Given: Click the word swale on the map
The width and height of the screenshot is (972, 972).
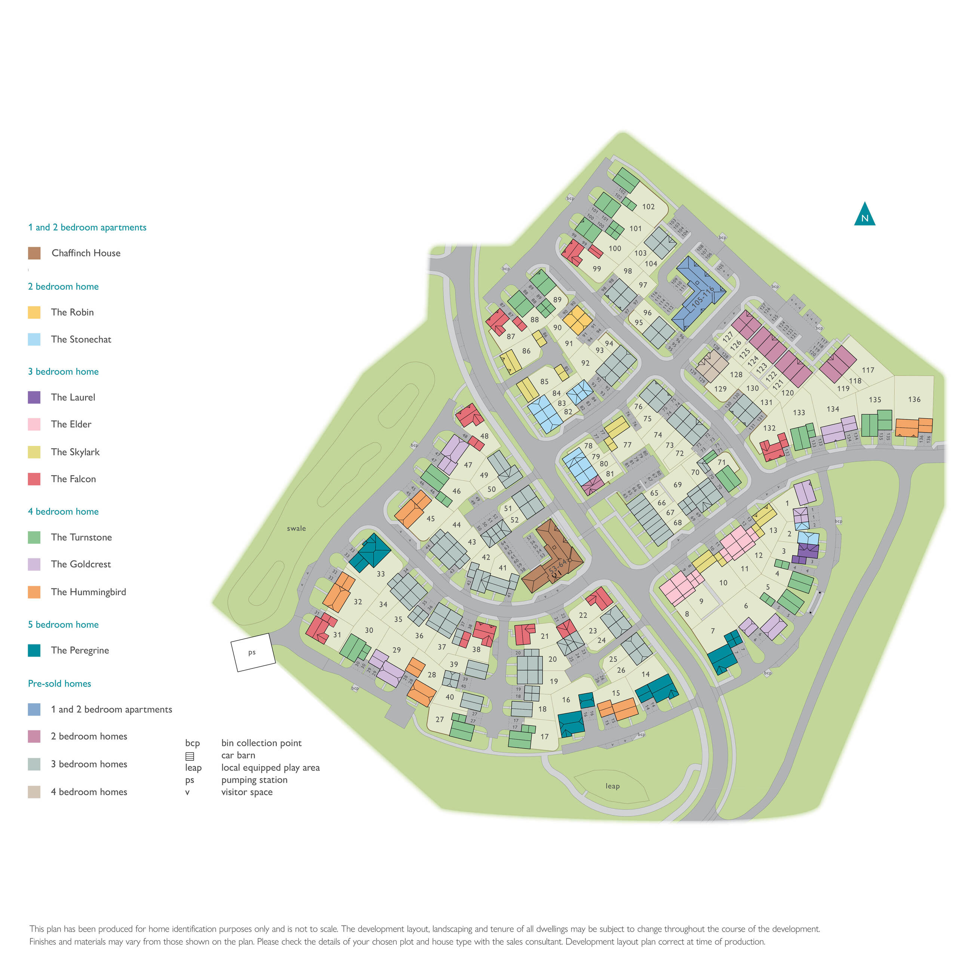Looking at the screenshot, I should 296,528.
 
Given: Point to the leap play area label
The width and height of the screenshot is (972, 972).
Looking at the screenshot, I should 612,786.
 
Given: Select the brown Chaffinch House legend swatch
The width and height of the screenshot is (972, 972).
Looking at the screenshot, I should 34,253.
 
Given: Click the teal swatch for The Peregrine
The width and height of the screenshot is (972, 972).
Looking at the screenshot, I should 34,650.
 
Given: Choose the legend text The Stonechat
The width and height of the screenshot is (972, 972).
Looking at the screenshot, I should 81,339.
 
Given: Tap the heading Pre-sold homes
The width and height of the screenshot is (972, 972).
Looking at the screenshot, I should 59,684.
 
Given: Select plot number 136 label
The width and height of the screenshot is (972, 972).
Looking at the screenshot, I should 914,400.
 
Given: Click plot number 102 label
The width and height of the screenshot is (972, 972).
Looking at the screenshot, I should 648,207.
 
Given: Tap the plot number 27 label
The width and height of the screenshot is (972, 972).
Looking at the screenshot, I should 440,719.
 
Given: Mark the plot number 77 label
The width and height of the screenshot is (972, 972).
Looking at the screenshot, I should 627,445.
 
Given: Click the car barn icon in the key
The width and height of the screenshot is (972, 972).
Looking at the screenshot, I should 190,756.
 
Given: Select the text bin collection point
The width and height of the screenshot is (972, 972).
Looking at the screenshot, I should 261,743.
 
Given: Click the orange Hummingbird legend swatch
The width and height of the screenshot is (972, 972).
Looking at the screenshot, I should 34,592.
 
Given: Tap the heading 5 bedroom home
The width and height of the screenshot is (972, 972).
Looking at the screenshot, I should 64,625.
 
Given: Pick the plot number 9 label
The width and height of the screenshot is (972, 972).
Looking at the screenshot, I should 701,601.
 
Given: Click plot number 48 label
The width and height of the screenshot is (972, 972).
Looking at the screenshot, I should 484,436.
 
